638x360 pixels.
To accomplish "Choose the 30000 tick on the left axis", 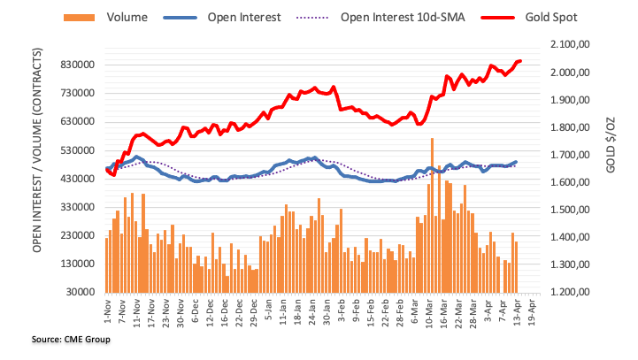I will (78, 292).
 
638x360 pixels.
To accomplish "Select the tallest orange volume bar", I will (433, 215).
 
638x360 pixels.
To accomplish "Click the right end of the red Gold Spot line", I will (519, 61).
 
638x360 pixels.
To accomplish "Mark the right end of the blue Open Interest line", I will (516, 162).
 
